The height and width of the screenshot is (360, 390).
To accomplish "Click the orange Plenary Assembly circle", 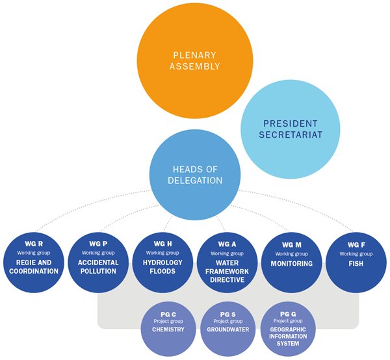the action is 195,60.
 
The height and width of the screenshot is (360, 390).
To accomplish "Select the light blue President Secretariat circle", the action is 291,129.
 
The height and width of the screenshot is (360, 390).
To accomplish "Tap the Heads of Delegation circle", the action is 195,175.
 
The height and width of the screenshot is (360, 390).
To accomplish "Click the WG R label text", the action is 34,244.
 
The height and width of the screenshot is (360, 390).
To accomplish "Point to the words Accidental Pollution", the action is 98,267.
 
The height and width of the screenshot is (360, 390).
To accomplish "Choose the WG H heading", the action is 162,244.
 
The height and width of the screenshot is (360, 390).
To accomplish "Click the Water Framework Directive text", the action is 227,271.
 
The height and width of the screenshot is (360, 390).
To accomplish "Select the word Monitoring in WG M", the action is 291,264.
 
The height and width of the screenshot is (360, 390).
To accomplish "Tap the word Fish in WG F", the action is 356,264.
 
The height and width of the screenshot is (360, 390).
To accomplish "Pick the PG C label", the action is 168,315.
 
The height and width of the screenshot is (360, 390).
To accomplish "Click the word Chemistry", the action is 168,329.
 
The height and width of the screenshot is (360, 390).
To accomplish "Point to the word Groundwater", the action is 228,329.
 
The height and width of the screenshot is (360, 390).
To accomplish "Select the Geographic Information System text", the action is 288,337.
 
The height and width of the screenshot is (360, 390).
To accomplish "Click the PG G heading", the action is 288,314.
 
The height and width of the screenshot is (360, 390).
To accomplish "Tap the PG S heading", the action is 228,315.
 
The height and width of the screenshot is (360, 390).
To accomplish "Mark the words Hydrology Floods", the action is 162,267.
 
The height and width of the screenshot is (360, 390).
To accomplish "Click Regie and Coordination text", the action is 34,267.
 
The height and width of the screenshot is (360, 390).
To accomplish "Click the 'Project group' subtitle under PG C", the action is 168,321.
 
